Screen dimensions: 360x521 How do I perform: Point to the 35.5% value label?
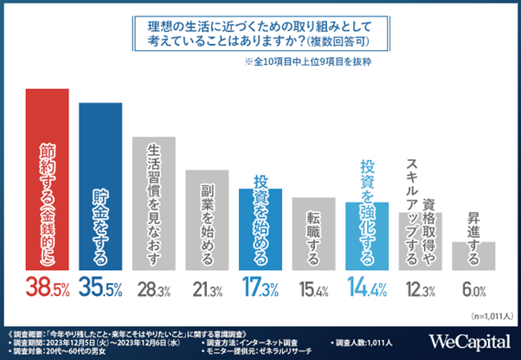coord(101,287)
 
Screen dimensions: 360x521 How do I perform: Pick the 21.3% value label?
coord(209,288)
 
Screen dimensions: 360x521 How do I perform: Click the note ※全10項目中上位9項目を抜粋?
coord(312,62)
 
